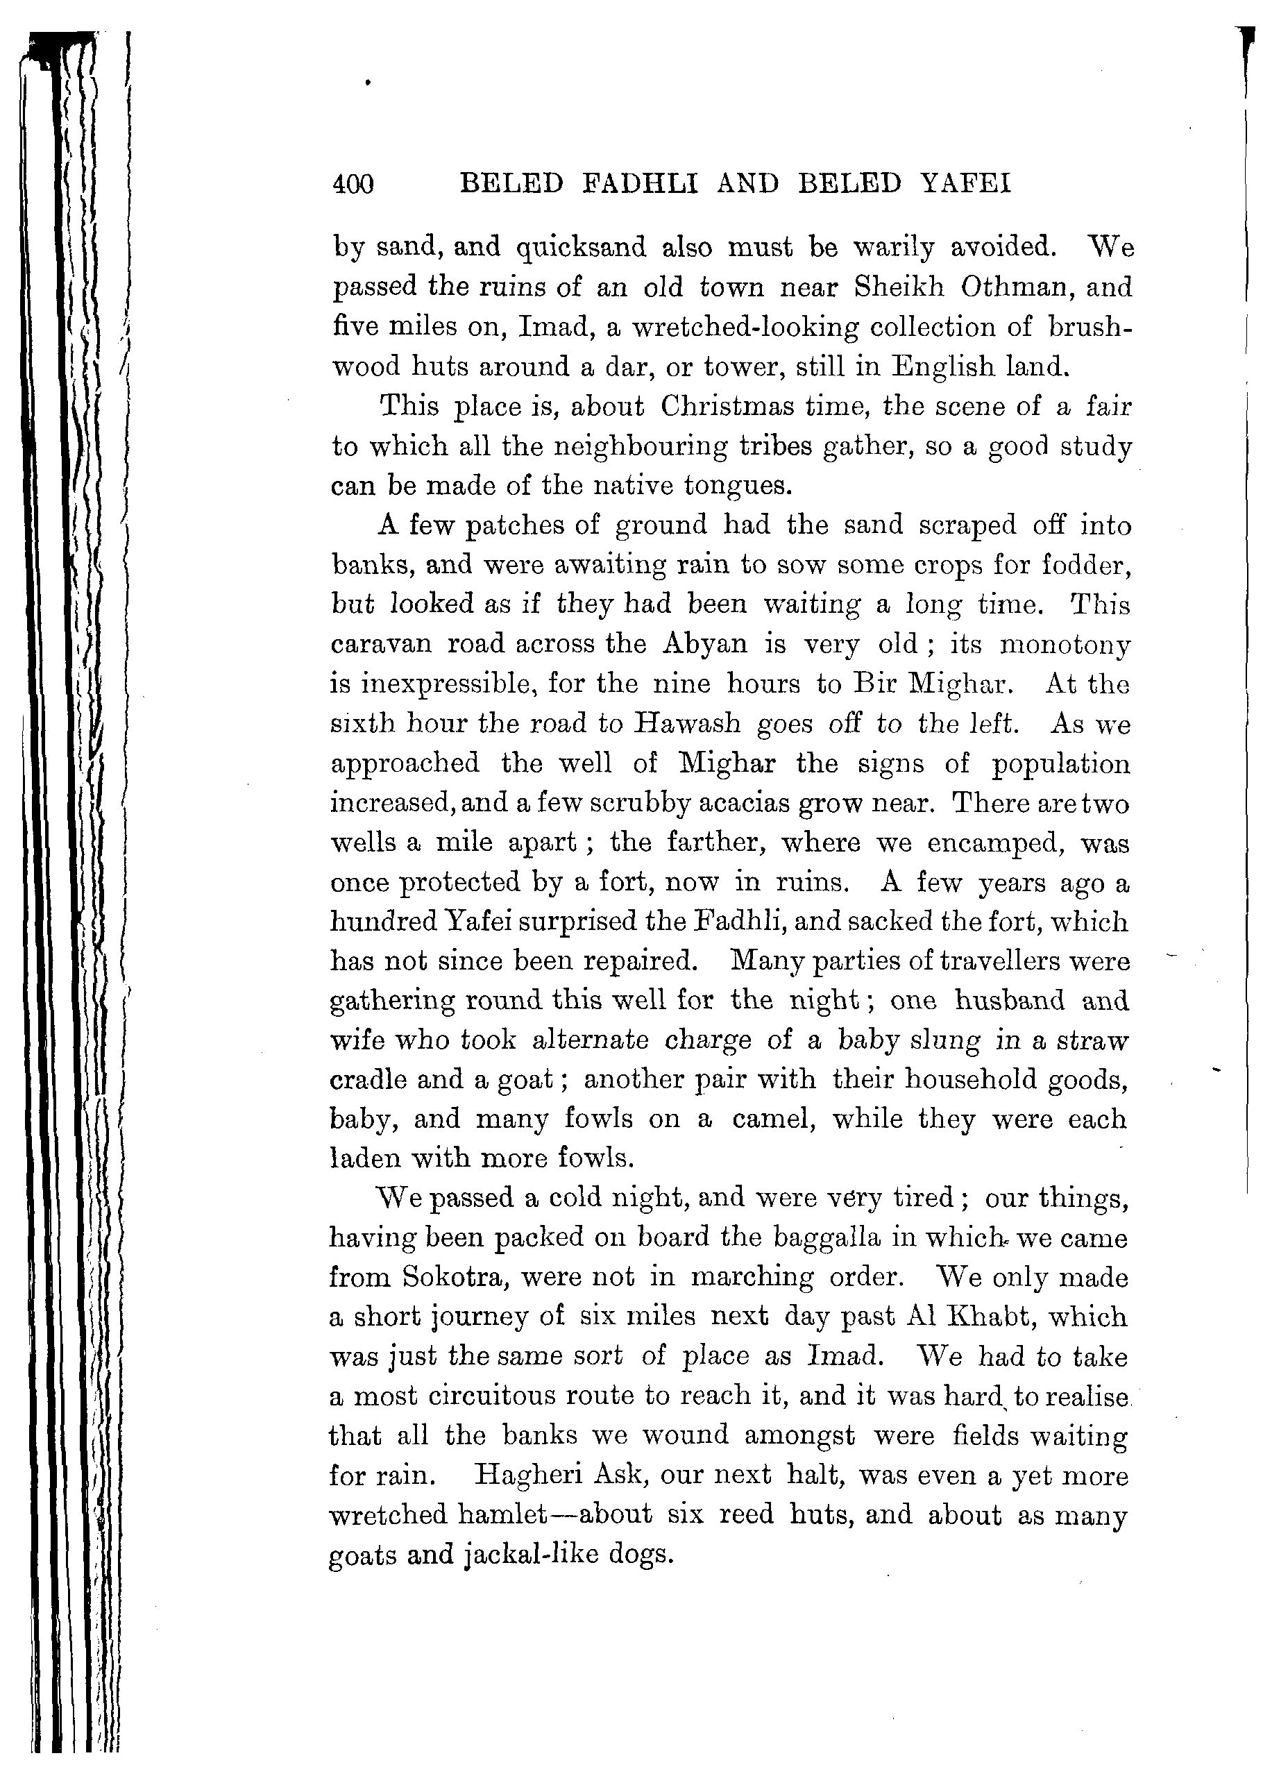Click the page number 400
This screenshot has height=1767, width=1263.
point(353,185)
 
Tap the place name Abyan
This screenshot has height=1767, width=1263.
point(704,645)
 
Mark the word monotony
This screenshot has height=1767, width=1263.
point(1063,645)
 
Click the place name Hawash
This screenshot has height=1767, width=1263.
point(687,724)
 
